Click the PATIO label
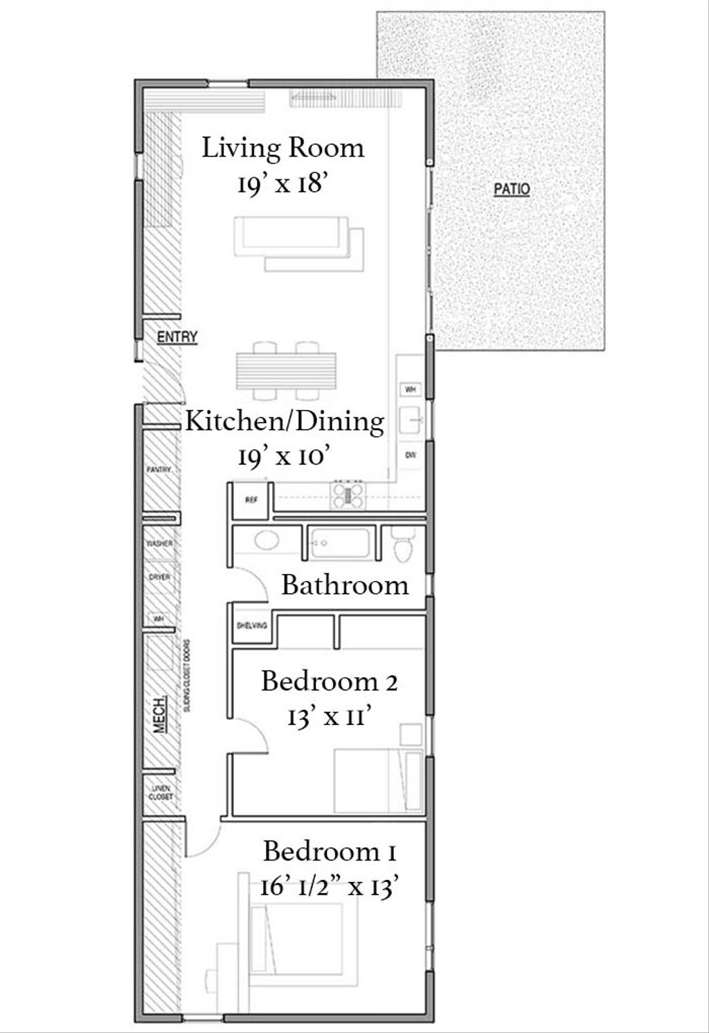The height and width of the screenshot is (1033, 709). click(512, 188)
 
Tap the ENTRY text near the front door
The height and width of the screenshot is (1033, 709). click(177, 337)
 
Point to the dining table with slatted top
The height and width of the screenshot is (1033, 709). click(287, 371)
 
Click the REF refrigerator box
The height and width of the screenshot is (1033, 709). click(251, 498)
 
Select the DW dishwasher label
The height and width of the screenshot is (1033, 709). click(410, 455)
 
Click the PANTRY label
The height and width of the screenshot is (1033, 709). click(159, 469)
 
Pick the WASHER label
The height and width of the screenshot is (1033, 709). click(159, 544)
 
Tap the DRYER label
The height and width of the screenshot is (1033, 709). click(159, 577)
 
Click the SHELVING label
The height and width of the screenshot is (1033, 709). click(251, 625)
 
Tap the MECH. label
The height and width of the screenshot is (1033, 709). click(159, 714)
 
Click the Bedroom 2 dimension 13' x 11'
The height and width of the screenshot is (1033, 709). click(330, 717)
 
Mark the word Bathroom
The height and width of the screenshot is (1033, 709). click(345, 585)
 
